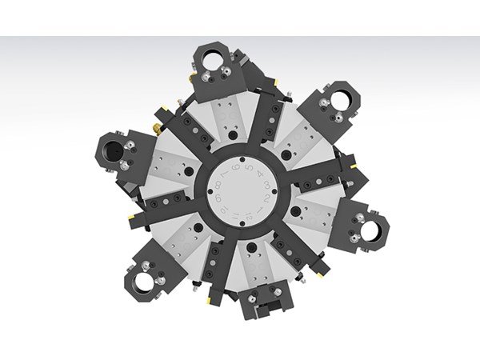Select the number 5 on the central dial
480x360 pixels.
tap(249, 168)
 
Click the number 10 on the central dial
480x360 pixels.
tap(224, 211)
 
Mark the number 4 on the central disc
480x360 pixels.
tap(261, 174)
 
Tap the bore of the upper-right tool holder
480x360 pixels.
tap(338, 101)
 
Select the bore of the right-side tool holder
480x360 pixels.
tap(370, 231)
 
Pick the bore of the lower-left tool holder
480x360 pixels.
tap(144, 281)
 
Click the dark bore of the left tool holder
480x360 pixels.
tap(111, 149)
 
